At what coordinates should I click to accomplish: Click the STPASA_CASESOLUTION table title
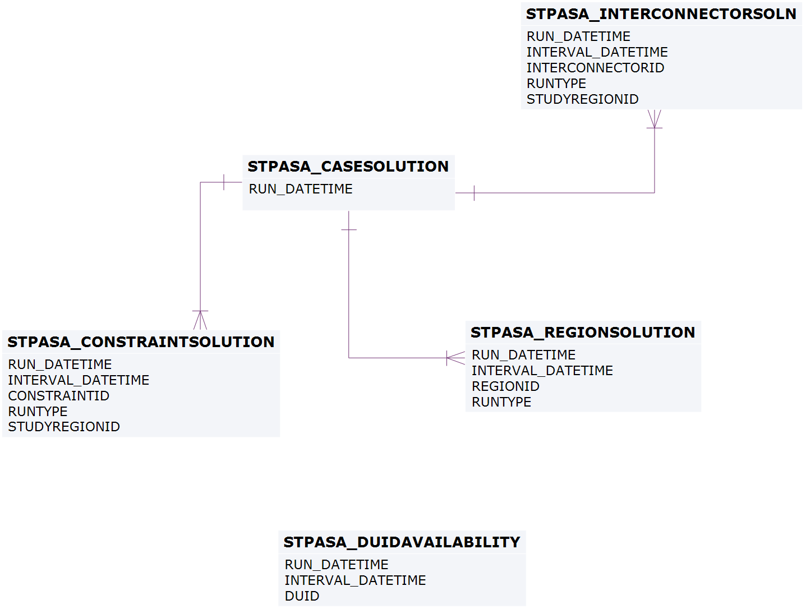pos(348,167)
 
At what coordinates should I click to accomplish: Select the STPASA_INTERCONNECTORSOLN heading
pos(661,15)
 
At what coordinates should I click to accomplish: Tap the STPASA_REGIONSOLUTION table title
pos(583,333)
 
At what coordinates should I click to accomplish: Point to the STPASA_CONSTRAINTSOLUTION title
pos(141,342)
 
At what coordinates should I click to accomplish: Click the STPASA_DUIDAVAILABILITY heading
pos(402,542)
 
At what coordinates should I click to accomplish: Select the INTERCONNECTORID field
pos(595,68)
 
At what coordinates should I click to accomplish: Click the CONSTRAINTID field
pos(59,396)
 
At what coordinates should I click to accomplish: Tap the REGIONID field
pos(505,386)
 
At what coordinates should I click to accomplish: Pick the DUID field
pos(302,596)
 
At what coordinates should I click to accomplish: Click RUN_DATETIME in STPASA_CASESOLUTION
pos(301,189)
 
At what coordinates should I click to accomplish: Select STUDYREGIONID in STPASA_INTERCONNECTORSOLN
pos(582,99)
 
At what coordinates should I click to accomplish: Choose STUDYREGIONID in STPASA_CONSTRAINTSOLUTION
pos(64,427)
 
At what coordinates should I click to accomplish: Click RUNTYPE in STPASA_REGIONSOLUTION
pos(501,402)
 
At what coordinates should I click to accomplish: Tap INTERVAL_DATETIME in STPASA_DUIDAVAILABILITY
pos(355,580)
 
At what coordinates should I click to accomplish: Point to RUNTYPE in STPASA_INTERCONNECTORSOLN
pos(556,84)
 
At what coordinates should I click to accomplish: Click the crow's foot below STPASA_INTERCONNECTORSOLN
pos(655,119)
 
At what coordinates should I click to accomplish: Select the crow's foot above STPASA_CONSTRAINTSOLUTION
pos(200,320)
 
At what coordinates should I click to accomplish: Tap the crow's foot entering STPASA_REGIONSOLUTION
pos(455,358)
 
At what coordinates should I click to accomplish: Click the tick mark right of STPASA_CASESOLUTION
pos(474,193)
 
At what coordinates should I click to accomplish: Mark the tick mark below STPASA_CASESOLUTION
pos(349,230)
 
